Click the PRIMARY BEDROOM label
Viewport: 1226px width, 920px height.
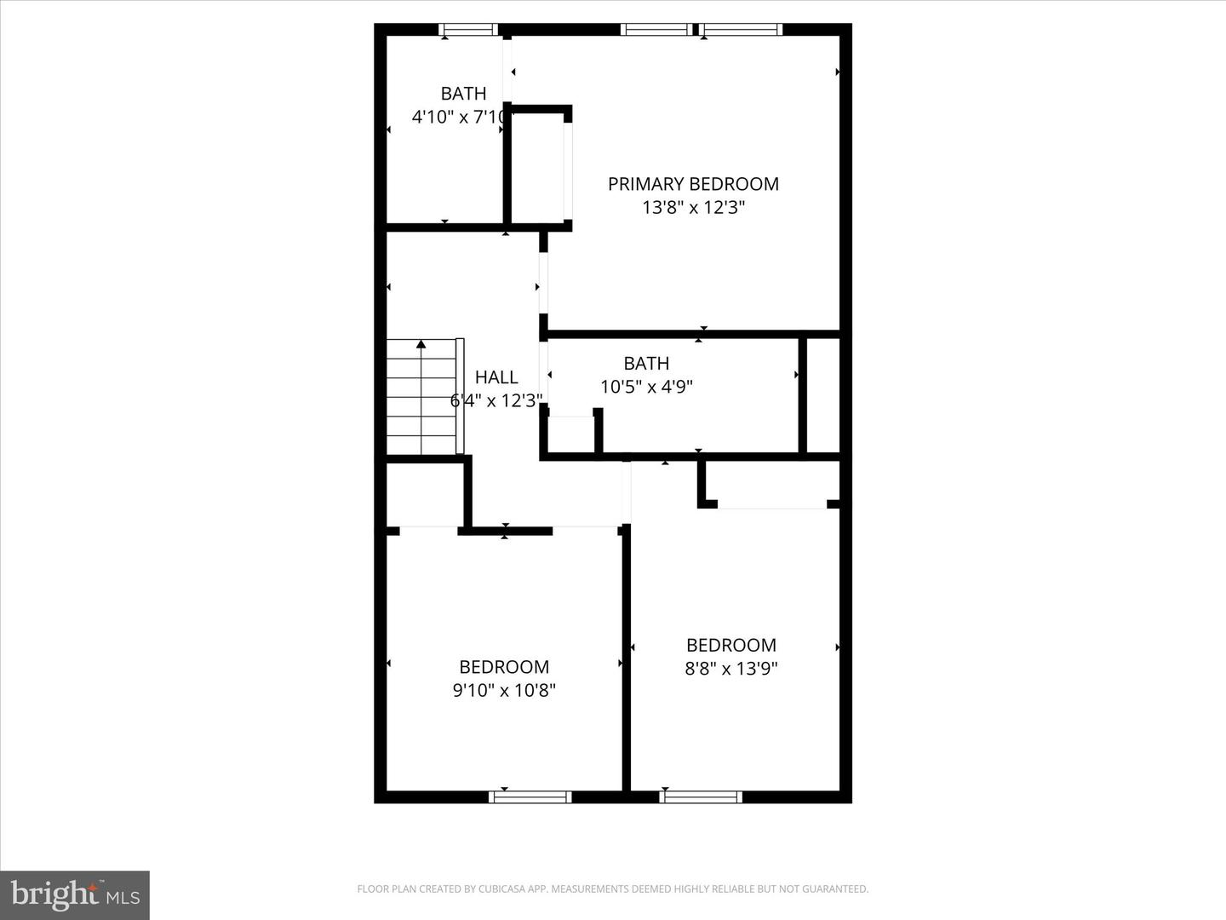(x=693, y=184)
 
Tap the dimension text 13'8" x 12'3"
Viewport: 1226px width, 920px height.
(x=693, y=207)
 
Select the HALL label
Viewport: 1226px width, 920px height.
(x=496, y=377)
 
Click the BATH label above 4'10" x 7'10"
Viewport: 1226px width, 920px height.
(x=463, y=94)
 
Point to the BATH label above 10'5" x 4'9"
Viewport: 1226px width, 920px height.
(x=646, y=364)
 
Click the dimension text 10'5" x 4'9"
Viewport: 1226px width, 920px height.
(x=646, y=387)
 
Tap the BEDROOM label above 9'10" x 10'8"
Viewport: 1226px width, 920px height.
(x=504, y=667)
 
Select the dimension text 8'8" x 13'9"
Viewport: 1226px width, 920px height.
(x=731, y=669)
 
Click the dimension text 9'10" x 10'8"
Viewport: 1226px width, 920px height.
(x=504, y=690)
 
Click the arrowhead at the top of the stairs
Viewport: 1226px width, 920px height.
(x=421, y=344)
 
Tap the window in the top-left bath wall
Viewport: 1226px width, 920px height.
(x=468, y=30)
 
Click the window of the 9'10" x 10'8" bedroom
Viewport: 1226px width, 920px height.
(x=530, y=797)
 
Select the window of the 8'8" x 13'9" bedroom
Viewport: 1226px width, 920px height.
(x=702, y=797)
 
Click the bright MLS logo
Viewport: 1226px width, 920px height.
(x=75, y=894)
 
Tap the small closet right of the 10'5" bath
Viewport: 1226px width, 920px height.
(x=822, y=395)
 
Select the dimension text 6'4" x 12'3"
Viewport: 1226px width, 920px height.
(x=496, y=400)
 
